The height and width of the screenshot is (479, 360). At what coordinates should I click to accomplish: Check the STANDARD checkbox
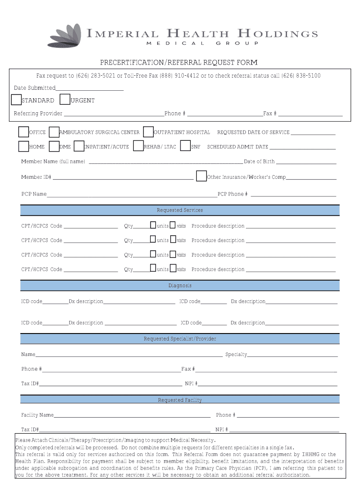(x=16, y=100)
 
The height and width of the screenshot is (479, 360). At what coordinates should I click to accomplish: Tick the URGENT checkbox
(x=65, y=100)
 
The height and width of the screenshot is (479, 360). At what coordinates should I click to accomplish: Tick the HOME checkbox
(x=24, y=146)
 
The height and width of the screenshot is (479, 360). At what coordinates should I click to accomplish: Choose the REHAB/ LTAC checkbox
(x=138, y=146)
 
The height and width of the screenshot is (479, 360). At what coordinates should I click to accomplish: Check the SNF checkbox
(x=185, y=146)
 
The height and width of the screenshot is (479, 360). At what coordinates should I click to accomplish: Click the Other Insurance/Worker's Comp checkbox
(x=201, y=176)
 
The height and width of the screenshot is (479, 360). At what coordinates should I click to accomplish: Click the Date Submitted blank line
(x=89, y=88)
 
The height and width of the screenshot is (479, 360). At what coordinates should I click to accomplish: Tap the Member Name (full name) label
(x=53, y=161)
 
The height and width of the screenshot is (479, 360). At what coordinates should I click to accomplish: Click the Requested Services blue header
(x=180, y=210)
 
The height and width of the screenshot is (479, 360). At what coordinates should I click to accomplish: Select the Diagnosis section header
(x=180, y=285)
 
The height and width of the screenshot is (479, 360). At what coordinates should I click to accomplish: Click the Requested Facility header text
(x=180, y=400)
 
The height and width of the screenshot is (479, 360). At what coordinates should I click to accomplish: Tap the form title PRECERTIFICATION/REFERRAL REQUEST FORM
(x=179, y=63)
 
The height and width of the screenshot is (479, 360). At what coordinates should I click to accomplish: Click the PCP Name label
(x=34, y=194)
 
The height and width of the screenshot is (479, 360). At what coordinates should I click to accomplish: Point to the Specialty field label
(x=236, y=355)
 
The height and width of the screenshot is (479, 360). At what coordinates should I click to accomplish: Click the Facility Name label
(x=37, y=415)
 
